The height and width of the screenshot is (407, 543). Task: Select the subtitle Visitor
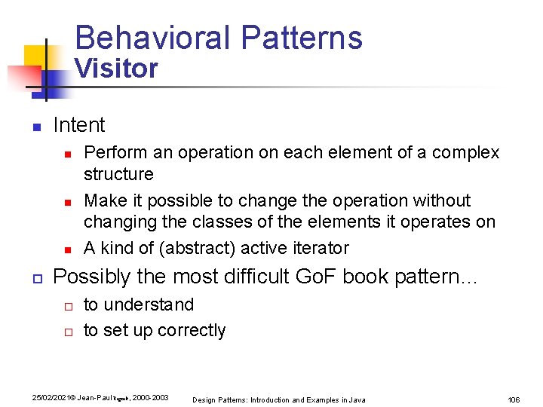click(x=115, y=69)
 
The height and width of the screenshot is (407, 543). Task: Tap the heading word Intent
click(x=79, y=125)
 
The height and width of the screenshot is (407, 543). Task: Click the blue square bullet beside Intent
click(x=35, y=127)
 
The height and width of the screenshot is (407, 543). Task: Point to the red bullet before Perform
click(x=66, y=154)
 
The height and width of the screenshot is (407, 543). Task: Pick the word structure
click(x=118, y=174)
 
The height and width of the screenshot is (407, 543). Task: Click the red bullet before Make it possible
click(x=66, y=202)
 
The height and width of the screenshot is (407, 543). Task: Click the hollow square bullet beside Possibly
click(x=35, y=278)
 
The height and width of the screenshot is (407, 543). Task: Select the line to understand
click(x=139, y=304)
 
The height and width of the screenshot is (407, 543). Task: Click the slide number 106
click(x=514, y=399)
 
